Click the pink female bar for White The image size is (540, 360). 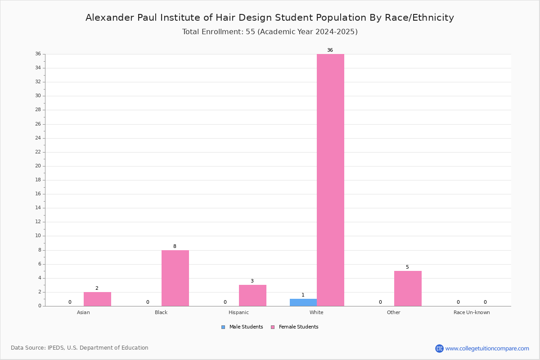coord(330,180)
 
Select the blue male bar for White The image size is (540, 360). coord(303,302)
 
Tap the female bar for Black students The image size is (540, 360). coord(175,278)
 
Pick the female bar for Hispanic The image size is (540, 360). coord(252,296)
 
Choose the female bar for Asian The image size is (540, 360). coord(97,299)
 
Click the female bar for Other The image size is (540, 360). coord(408,288)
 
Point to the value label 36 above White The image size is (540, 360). coord(330,50)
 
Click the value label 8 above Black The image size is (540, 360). coord(175,246)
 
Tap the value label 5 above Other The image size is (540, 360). coord(407,267)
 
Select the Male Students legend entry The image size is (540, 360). coord(242,327)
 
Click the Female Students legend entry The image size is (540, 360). coord(295,327)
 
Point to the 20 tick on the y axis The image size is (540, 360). coord(38,166)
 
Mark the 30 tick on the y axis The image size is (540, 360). coord(38,96)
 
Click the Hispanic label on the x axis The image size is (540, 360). coord(238,312)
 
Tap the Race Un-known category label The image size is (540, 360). coord(472,312)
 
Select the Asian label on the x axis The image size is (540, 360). coord(83,312)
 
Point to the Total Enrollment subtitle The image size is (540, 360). coord(270,32)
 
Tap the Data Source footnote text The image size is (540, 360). coord(80,348)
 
